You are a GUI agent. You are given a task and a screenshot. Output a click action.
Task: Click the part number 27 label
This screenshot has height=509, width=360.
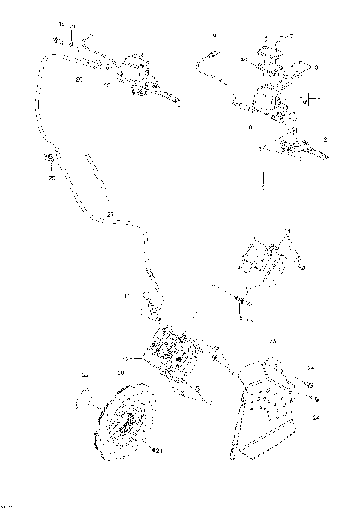110,214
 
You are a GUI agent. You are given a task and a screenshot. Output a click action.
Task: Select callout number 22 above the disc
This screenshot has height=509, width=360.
85,374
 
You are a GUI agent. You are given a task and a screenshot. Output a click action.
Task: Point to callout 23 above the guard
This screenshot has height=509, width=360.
271,341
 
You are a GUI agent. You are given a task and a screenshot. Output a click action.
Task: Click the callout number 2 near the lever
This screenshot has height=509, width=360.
325,139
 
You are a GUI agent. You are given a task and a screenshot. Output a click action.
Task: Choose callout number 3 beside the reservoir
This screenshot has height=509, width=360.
316,68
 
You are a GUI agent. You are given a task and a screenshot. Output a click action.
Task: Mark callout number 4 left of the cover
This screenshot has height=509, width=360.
242,58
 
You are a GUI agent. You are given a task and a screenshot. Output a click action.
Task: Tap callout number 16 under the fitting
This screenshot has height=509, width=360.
250,319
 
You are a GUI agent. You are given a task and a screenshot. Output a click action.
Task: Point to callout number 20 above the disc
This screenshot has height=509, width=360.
121,373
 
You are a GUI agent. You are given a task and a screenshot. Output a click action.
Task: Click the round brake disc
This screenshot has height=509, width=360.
124,423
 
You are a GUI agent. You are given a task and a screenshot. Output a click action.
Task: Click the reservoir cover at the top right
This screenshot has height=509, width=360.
270,55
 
